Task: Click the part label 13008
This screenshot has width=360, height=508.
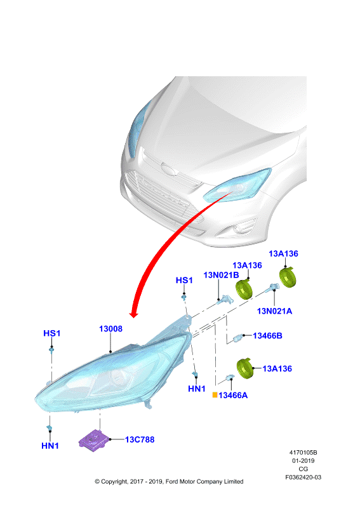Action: pyautogui.click(x=110, y=328)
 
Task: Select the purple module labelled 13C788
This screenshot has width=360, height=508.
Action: pyautogui.click(x=94, y=440)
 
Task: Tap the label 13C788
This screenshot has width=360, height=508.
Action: pyautogui.click(x=140, y=439)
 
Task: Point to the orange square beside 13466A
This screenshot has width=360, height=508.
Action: pyautogui.click(x=215, y=395)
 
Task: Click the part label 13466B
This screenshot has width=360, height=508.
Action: pyautogui.click(x=267, y=336)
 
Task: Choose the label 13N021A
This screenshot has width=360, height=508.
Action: pyautogui.click(x=274, y=311)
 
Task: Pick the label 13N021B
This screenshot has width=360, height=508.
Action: pyautogui.click(x=221, y=275)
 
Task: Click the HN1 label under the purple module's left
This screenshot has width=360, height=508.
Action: pyautogui.click(x=50, y=446)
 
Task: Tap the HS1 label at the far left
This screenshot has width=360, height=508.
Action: pyautogui.click(x=52, y=333)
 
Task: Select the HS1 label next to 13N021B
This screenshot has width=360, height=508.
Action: pyautogui.click(x=184, y=280)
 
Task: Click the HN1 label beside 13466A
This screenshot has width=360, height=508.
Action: pyautogui.click(x=197, y=389)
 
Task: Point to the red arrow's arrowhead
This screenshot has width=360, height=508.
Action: pyautogui.click(x=133, y=314)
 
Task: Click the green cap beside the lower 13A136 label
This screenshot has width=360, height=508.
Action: pyautogui.click(x=245, y=368)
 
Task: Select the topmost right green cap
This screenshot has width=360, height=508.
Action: pyautogui.click(x=288, y=277)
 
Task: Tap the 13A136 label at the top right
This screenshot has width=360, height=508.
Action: pyautogui.click(x=283, y=253)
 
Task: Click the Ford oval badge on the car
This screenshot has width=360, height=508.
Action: pyautogui.click(x=168, y=170)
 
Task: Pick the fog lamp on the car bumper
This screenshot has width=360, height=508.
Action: pyautogui.click(x=239, y=229)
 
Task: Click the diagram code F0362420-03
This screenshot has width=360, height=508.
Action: pyautogui.click(x=303, y=478)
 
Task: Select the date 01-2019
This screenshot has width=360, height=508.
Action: pyautogui.click(x=303, y=461)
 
